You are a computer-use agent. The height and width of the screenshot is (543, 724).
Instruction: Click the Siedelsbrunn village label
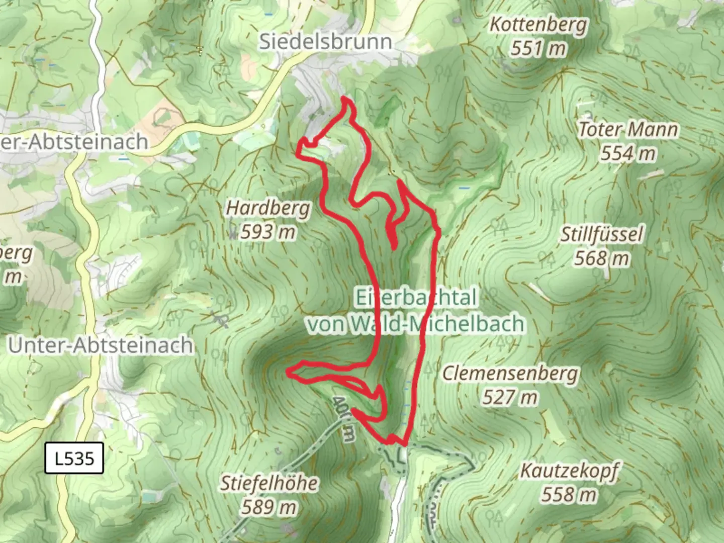coord(325,41)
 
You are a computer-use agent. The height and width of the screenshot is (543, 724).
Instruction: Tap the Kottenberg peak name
coord(538,24)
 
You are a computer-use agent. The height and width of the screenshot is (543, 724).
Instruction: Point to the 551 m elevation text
coord(538,49)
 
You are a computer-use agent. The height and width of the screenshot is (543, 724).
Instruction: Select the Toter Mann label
coord(628,130)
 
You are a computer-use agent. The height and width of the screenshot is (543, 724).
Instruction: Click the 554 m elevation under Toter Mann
coord(628,153)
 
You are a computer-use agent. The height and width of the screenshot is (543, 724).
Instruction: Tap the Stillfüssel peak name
coord(602,234)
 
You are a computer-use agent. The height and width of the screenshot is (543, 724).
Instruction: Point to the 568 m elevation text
coord(602,258)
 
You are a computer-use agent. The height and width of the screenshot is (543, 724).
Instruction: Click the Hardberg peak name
coord(268,208)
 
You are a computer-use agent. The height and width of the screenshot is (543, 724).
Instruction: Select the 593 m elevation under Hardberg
coord(268,232)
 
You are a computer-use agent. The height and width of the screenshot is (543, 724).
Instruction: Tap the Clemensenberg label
coord(510,374)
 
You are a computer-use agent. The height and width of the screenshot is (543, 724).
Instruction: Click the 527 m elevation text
coord(510,398)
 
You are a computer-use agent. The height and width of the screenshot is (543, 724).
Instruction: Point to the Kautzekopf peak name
coord(569,471)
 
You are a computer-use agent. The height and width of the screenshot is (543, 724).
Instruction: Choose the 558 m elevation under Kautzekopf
coord(569,495)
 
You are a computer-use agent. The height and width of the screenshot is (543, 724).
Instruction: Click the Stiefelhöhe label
coord(269,483)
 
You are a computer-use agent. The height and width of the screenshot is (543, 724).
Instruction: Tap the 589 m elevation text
coord(269,507)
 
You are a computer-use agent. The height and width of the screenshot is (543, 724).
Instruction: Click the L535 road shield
coord(74,458)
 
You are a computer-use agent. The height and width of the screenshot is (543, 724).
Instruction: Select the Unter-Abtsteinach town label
coord(101,345)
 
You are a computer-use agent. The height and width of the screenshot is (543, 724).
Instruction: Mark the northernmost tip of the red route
coord(345,97)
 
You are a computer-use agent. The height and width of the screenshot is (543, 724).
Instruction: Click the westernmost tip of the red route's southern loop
coord(288,372)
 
